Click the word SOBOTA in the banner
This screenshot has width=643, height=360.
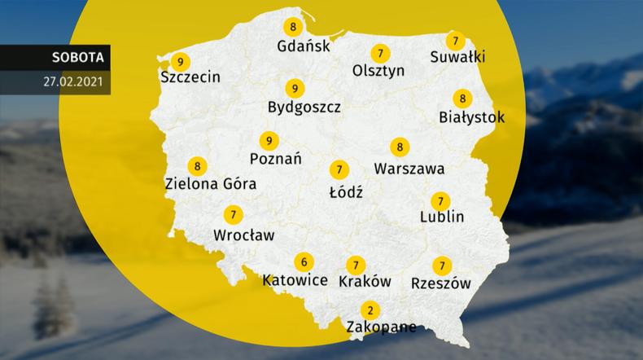click(76, 59)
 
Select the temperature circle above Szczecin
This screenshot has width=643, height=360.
click(181, 61)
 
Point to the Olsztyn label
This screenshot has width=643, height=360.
click(378, 71)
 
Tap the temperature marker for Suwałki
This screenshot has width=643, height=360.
click(456, 40)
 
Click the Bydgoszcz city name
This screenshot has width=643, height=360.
click(304, 107)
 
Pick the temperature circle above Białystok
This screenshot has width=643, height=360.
click(463, 99)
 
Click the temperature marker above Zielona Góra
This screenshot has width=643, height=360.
click(195, 166)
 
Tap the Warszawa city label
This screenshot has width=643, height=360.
click(409, 169)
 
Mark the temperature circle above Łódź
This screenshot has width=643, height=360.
click(338, 170)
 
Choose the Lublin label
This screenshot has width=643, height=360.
click(442, 217)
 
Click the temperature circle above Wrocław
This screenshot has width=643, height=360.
click(234, 215)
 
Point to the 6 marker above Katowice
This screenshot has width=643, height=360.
click(304, 261)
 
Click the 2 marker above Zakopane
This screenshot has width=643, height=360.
click(370, 310)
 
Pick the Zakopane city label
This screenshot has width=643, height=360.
click(381, 327)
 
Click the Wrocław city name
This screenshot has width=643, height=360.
click(243, 235)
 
